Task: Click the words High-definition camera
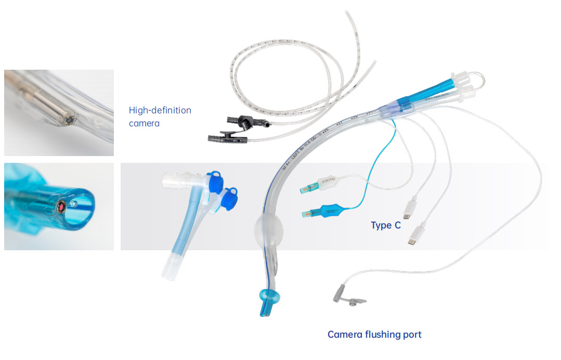pyautogui.click(x=160, y=117)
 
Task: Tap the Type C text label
pyautogui.click(x=385, y=226)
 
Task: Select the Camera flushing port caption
pyautogui.click(x=374, y=335)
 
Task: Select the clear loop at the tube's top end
pyautogui.click(x=480, y=79)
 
